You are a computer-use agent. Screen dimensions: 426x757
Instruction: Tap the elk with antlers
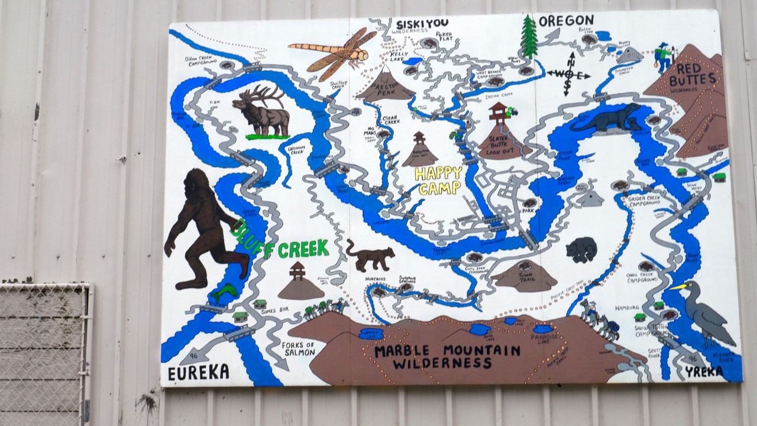(261, 112)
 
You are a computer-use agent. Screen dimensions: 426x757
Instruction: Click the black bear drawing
(581, 250)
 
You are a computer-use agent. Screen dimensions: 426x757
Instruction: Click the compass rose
(568, 74)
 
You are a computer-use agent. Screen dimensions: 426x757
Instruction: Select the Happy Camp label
(438, 180)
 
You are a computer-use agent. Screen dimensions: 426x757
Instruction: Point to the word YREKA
(704, 372)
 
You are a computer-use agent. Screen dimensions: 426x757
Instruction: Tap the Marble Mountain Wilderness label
(447, 356)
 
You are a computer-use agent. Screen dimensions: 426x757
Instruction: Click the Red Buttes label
(696, 74)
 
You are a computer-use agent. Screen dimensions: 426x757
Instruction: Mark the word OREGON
(566, 21)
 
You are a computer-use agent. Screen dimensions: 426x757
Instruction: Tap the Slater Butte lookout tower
(500, 112)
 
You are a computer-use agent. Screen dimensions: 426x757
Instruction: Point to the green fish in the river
(224, 292)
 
